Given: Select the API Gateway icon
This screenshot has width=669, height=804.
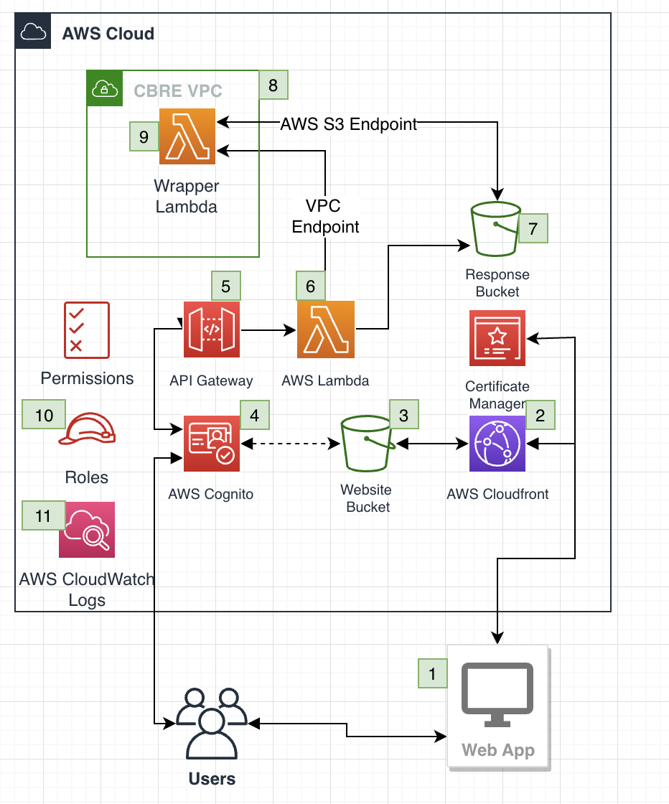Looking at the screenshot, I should pyautogui.click(x=212, y=329).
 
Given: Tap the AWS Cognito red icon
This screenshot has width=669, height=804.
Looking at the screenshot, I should pyautogui.click(x=212, y=444).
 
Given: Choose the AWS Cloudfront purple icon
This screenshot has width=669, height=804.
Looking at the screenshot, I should pyautogui.click(x=497, y=444).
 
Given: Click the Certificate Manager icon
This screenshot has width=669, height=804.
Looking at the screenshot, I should pyautogui.click(x=497, y=338).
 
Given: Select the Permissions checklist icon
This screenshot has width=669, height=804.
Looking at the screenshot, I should pyautogui.click(x=87, y=330).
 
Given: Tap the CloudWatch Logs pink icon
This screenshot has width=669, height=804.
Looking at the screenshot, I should pyautogui.click(x=87, y=530).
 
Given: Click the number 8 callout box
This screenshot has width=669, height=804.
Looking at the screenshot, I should pyautogui.click(x=273, y=85).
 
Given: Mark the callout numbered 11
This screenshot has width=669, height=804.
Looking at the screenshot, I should pyautogui.click(x=43, y=515).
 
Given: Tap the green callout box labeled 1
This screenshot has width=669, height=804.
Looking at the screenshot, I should pyautogui.click(x=432, y=673).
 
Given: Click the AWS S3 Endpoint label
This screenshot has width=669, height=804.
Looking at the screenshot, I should pyautogui.click(x=349, y=124).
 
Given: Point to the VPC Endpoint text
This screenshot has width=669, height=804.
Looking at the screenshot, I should pyautogui.click(x=325, y=216).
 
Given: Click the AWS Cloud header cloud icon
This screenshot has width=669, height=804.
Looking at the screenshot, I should pyautogui.click(x=33, y=32).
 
